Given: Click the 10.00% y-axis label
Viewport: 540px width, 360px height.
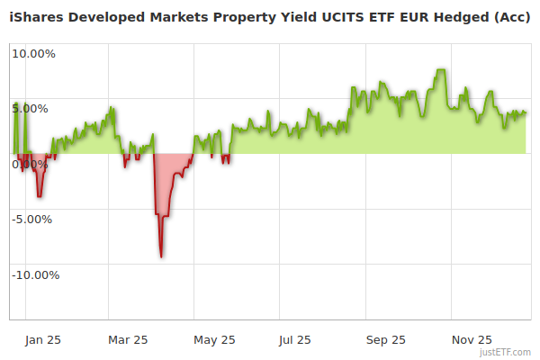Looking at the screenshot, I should (33, 53).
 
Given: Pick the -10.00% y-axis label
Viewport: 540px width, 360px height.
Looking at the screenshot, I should (36, 274).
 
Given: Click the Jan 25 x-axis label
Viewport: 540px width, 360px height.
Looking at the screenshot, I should (43, 339).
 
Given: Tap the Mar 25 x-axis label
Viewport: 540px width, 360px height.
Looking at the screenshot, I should (128, 339).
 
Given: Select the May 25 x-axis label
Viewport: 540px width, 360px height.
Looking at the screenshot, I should (214, 339).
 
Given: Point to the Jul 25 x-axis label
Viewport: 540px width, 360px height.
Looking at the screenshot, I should (295, 339).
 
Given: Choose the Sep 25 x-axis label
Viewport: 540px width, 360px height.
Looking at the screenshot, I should (385, 339).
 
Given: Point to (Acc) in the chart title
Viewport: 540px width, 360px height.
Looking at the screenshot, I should (510, 15).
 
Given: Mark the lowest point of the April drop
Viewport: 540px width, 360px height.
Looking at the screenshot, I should (161, 256).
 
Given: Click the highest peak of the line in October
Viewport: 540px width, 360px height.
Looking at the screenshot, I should (440, 70).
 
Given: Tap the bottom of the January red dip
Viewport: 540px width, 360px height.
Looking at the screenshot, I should (39, 196).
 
